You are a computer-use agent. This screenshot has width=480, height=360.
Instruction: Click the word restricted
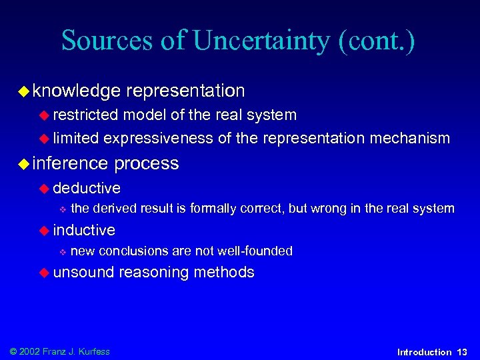coord(86,115)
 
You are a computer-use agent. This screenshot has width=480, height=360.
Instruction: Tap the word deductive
coord(87,188)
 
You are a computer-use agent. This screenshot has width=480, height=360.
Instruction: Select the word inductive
coord(84,230)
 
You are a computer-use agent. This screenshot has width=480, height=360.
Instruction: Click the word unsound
coord(84,272)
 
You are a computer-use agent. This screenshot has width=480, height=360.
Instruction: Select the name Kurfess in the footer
coord(93,351)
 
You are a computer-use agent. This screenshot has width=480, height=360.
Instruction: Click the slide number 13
coord(462,352)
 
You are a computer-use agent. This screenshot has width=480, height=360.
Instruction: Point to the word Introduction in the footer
coord(424,352)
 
